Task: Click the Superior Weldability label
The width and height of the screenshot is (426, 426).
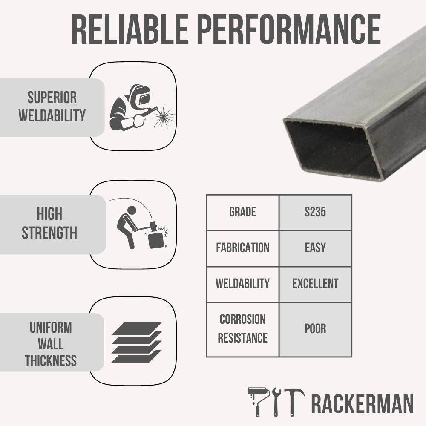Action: tap(52, 106)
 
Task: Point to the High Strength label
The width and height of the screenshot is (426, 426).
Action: tap(49, 224)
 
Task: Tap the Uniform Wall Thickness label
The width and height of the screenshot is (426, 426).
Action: tap(51, 344)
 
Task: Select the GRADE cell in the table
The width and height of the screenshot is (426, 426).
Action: tap(242, 212)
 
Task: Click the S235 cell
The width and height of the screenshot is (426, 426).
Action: tap(315, 212)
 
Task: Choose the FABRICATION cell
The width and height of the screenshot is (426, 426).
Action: tap(242, 248)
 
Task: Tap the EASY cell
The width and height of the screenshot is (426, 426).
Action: tap(315, 248)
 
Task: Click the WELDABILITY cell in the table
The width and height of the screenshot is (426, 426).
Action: tap(242, 284)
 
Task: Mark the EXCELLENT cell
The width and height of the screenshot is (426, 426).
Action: tap(315, 284)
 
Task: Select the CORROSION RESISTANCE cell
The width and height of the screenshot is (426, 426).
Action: tap(242, 329)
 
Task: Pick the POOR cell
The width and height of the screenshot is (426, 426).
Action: tap(315, 329)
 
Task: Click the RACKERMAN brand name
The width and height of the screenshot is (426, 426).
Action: tap(362, 404)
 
